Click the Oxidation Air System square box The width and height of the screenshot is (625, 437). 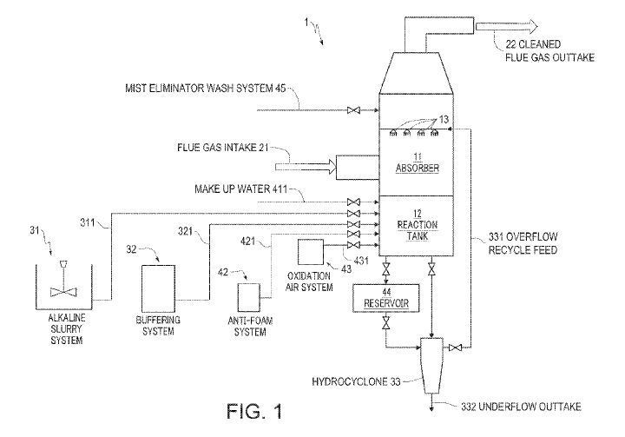[x=310, y=252]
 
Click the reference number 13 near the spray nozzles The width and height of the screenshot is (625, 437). [x=445, y=119]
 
